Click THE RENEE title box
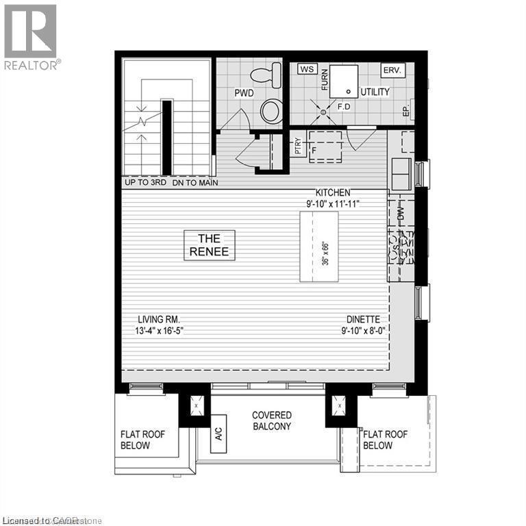(x=210, y=245)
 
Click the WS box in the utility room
(x=306, y=69)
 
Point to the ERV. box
(x=393, y=70)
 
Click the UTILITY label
(x=375, y=92)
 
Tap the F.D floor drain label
(x=345, y=107)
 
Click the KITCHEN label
(x=333, y=192)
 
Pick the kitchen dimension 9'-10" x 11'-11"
(x=333, y=203)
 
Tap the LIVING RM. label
(x=158, y=319)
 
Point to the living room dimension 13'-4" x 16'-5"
(x=158, y=330)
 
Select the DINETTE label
(x=363, y=319)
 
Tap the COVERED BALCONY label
(x=271, y=421)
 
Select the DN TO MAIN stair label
(x=195, y=183)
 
